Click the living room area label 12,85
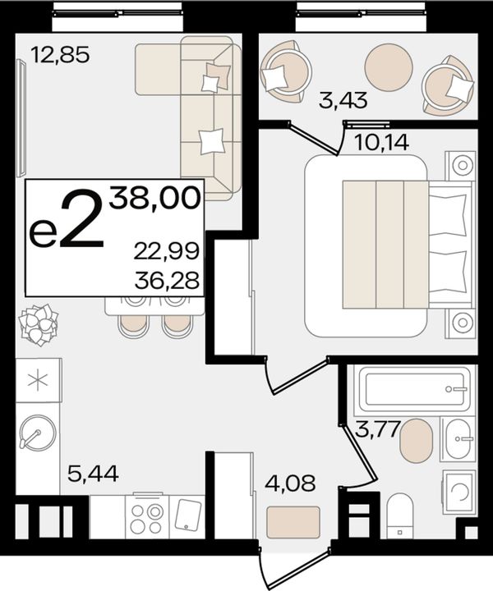60,55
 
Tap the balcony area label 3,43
343,100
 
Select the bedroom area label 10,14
382,143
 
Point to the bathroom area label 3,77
378,429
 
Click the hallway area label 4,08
290,483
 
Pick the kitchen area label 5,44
93,474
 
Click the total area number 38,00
154,198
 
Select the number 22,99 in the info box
166,251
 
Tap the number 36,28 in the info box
166,281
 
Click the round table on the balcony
389,66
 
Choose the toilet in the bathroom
400,515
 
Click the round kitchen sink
38,433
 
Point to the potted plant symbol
39,323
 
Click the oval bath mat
416,440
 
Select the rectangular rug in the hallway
293,522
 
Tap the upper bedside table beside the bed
460,165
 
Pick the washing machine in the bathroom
458,491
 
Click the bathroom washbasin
458,438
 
